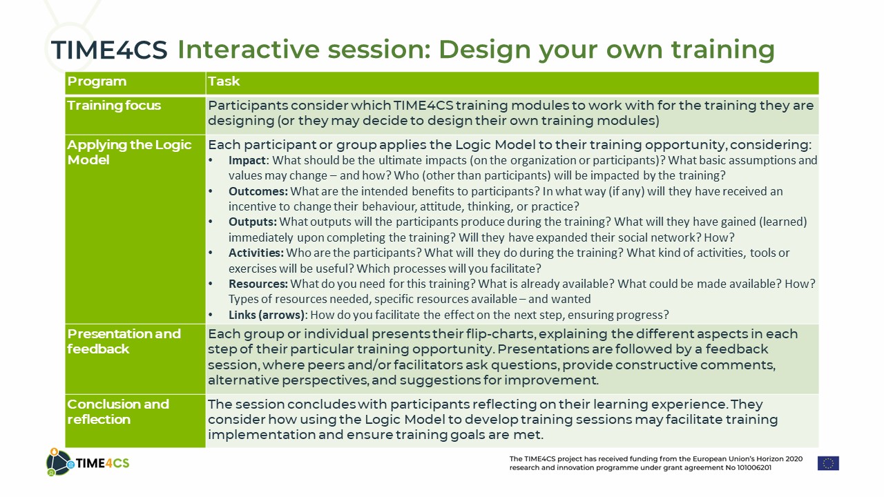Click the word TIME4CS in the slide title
(x=109, y=50)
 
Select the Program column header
(x=97, y=81)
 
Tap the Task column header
(x=224, y=81)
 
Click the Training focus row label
(x=114, y=106)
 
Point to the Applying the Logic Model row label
(x=129, y=153)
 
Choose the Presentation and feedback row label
(x=124, y=341)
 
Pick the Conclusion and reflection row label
(x=118, y=411)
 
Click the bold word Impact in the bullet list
(x=247, y=160)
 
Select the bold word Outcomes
(x=258, y=191)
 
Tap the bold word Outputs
(x=253, y=222)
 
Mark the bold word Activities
(x=256, y=253)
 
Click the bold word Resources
(x=258, y=284)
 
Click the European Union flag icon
(x=828, y=463)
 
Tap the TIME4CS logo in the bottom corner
(x=88, y=462)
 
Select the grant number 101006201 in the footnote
(x=754, y=468)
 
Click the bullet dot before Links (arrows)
(x=211, y=315)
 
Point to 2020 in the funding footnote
(x=794, y=459)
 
